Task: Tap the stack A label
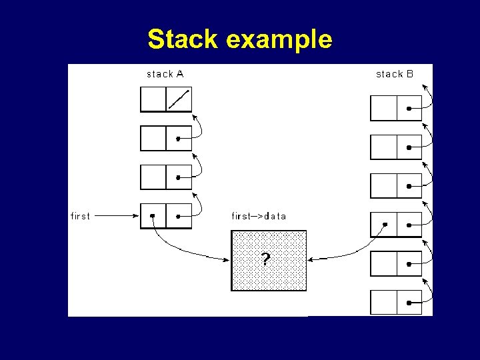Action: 165,74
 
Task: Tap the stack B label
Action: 395,74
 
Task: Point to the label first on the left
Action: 80,216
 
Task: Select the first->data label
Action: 259,216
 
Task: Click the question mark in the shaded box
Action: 266,260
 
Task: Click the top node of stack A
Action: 166,100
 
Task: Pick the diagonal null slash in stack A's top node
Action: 178,99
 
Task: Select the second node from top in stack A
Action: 166,139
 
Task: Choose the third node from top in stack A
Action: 166,177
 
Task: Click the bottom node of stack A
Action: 166,216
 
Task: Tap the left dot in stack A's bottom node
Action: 153,216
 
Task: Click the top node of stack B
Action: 396,108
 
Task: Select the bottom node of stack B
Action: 396,302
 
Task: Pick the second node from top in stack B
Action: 396,147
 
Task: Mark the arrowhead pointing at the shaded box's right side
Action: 311,259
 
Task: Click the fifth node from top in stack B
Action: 396,263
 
